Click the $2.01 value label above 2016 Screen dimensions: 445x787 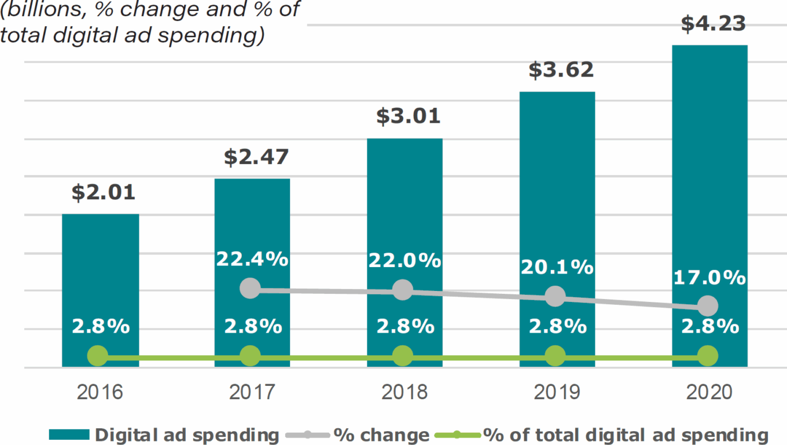tap(104, 192)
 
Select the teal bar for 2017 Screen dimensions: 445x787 tap(252, 232)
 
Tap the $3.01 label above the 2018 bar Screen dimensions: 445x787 tap(408, 116)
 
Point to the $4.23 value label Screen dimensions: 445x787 tap(713, 24)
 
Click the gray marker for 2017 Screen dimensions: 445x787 tap(250, 287)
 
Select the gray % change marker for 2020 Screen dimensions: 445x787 tap(707, 305)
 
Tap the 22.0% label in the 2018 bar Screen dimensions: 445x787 tap(404, 260)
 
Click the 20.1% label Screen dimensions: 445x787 tap(557, 267)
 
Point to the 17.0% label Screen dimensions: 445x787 tap(709, 278)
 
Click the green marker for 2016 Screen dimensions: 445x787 tap(97, 356)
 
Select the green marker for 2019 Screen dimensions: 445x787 tap(555, 356)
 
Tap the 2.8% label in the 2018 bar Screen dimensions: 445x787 tap(405, 326)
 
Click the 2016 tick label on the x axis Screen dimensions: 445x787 tap(100, 392)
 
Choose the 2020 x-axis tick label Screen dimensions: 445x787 tap(709, 392)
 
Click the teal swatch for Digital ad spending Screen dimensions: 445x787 tap(69, 435)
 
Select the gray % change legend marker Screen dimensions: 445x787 tap(307, 435)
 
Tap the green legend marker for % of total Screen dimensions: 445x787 tap(457, 435)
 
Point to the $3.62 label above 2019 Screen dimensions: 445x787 tap(561, 70)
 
